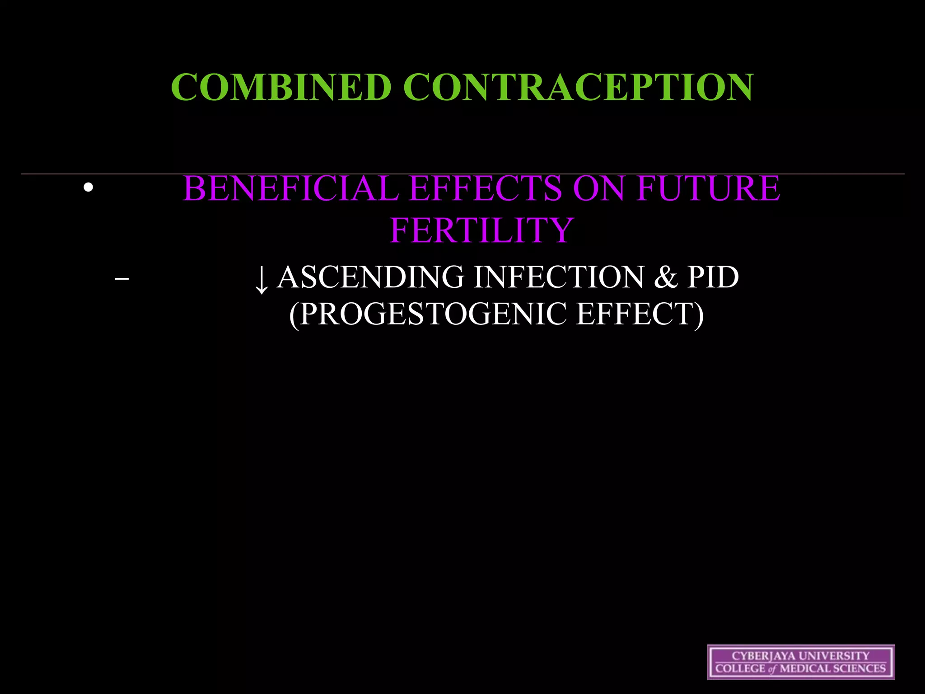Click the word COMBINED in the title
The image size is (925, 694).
(281, 87)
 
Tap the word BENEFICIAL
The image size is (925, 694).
(291, 188)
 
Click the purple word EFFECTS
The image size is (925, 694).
(486, 188)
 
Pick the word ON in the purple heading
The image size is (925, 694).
(599, 188)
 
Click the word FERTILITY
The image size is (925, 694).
(481, 230)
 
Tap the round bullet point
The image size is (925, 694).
(89, 188)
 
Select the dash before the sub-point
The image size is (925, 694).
(122, 279)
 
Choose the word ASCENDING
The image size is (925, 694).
(371, 277)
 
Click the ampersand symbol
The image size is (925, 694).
(665, 277)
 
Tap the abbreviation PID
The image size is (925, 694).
(713, 277)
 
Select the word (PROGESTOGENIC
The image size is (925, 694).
(428, 314)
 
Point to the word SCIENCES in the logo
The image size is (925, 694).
(861, 669)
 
